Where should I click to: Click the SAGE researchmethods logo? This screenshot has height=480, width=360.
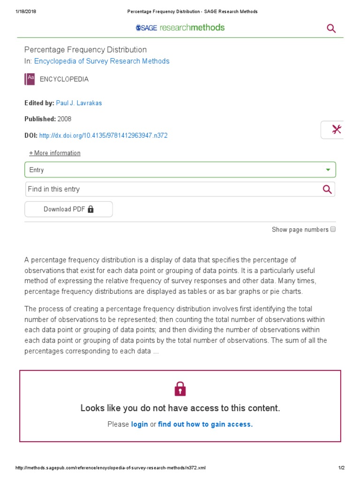(x=180, y=28)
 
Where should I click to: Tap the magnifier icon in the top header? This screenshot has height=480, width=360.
(x=331, y=29)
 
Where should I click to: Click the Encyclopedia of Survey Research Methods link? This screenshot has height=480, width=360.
(x=102, y=61)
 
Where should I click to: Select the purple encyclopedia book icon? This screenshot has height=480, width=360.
(x=30, y=79)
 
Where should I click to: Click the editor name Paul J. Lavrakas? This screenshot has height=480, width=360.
(x=79, y=103)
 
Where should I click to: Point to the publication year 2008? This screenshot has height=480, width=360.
(x=65, y=119)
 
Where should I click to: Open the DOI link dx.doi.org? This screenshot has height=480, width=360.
(x=103, y=135)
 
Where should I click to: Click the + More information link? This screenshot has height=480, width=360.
(x=55, y=153)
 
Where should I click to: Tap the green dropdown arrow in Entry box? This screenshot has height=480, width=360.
(x=328, y=170)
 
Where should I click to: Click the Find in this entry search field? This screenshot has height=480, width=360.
(x=169, y=189)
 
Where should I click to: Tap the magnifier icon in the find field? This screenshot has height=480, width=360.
(x=327, y=189)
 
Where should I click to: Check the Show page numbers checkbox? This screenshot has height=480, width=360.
(x=333, y=229)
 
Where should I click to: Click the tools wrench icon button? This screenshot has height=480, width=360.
(x=336, y=130)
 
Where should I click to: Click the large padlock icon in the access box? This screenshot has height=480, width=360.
(x=180, y=388)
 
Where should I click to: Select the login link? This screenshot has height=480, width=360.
(x=140, y=424)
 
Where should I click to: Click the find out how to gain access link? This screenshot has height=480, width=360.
(x=205, y=424)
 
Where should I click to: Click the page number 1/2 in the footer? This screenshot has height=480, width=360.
(x=341, y=468)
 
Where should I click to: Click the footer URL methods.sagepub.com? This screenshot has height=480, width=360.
(x=111, y=468)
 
